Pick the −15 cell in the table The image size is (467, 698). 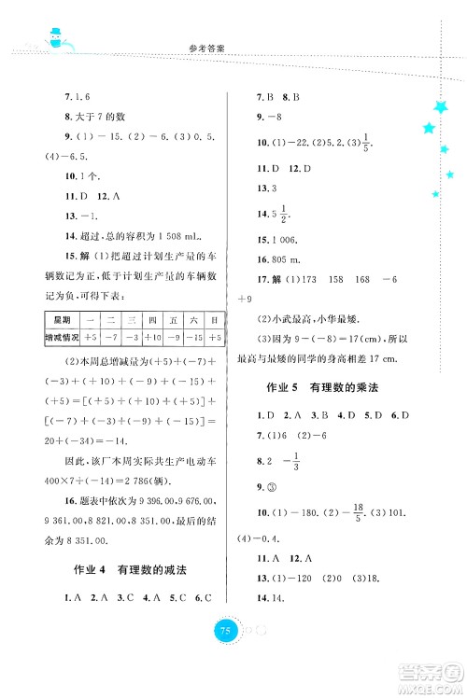pyautogui.click(x=194, y=337)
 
